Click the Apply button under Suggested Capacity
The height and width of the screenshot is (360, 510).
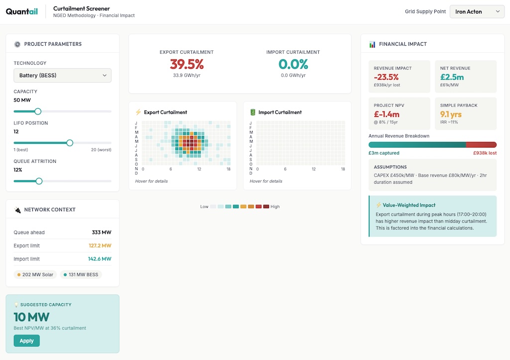(x=26, y=341)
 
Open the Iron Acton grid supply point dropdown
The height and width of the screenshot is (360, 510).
(x=477, y=11)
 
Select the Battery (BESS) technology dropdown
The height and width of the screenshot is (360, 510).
(x=62, y=75)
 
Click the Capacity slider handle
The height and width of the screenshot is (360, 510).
(x=38, y=112)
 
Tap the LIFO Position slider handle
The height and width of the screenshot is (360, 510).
(x=70, y=143)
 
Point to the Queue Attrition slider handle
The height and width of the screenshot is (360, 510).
(x=39, y=181)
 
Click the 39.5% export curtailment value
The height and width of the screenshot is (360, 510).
(x=187, y=64)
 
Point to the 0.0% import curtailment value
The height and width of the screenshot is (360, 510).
(x=293, y=64)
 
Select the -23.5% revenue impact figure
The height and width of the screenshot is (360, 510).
(x=386, y=77)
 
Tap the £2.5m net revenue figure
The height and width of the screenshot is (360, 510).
(x=452, y=77)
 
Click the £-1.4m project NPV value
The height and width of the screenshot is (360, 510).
(x=386, y=115)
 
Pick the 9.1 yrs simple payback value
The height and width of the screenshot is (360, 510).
(x=451, y=115)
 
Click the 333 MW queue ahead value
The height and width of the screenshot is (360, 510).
(x=102, y=233)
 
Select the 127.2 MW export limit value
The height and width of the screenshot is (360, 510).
(x=100, y=245)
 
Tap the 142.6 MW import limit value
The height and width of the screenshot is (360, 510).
(x=100, y=259)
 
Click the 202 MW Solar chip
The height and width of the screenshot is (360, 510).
(x=35, y=274)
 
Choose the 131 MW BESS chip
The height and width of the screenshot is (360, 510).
(x=81, y=274)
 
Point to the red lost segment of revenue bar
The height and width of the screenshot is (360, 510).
(x=481, y=144)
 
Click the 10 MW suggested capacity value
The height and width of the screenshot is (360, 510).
(x=31, y=317)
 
